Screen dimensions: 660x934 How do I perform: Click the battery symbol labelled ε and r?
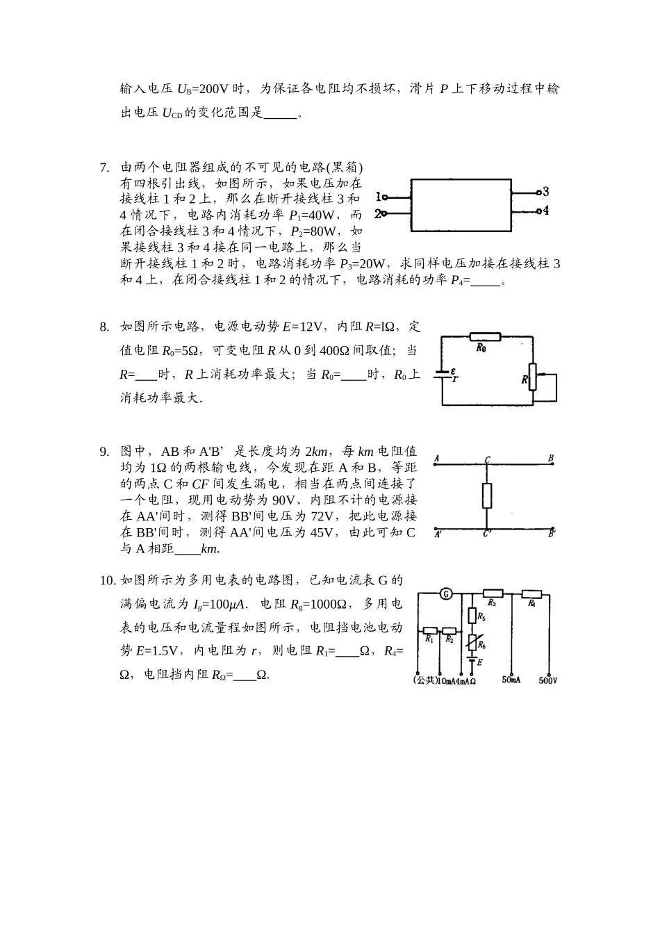point(443,375)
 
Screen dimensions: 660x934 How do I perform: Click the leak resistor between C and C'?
point(487,495)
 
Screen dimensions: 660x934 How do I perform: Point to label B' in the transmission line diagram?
point(552,534)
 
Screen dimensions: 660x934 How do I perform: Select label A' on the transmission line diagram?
point(438,534)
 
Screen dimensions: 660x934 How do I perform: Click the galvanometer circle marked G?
point(446,593)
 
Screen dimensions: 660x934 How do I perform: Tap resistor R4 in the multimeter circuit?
point(531,594)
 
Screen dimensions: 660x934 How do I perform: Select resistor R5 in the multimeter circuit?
point(472,616)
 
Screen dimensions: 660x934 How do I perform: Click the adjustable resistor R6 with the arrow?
point(472,643)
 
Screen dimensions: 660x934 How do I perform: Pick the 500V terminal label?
point(548,680)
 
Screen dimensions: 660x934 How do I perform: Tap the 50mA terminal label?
point(511,680)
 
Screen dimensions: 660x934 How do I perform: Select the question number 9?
point(104,452)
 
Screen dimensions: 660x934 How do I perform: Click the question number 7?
point(104,167)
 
